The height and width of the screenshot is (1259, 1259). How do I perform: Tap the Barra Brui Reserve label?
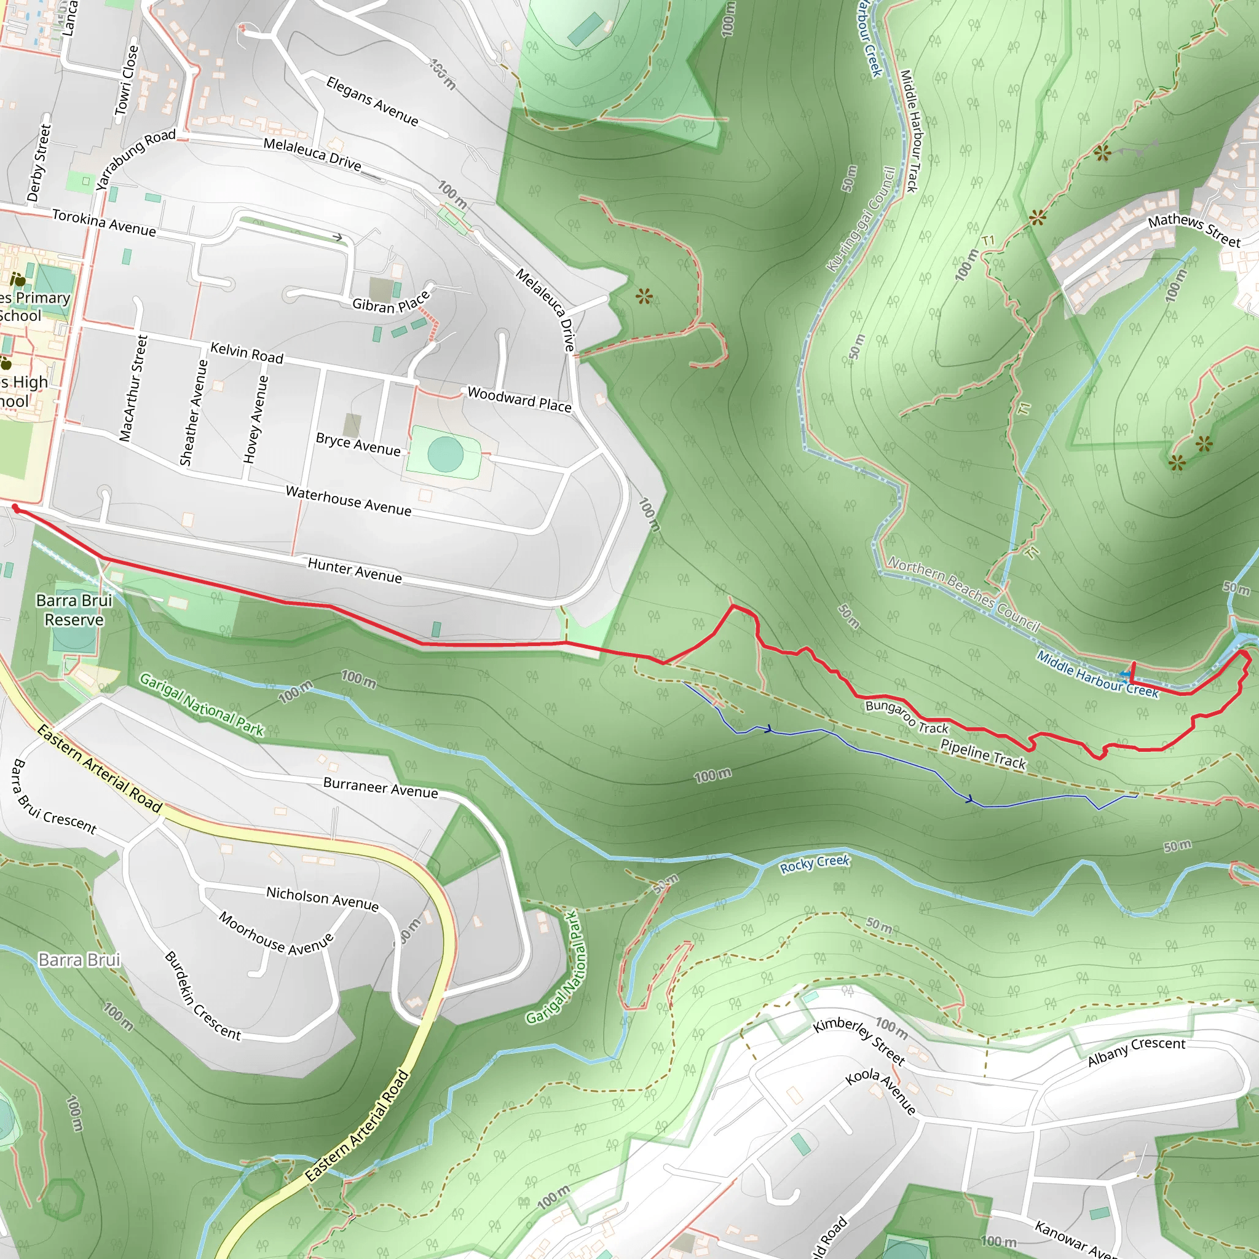click(74, 610)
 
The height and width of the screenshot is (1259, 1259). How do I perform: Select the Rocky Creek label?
click(815, 864)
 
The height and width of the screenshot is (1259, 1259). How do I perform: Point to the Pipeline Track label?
click(983, 754)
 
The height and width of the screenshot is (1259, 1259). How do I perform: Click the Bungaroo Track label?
click(907, 716)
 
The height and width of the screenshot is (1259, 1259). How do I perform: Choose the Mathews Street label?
click(1194, 231)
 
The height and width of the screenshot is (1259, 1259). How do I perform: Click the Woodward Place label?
click(519, 400)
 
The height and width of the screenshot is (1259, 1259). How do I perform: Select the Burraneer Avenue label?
click(381, 787)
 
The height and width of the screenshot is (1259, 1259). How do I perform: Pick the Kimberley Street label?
click(859, 1041)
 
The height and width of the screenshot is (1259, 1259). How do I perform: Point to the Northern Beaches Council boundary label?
click(964, 594)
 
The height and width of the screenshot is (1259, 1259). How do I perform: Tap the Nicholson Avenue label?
click(322, 898)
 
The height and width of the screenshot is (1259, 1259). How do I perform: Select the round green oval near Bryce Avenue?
click(446, 454)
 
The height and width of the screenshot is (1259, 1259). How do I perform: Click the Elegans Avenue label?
click(372, 101)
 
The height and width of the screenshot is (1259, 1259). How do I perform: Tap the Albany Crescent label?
click(1136, 1051)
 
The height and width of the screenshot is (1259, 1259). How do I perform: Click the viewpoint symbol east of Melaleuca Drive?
click(644, 297)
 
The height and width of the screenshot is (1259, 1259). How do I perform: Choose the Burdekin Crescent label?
click(202, 995)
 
